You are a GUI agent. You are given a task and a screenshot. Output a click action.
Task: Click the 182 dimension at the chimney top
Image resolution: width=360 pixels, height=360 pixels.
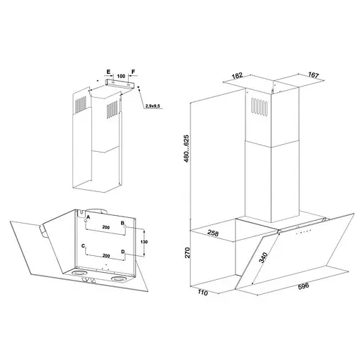tap(237, 76)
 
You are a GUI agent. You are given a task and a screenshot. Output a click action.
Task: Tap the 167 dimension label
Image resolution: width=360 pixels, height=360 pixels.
tap(314, 75)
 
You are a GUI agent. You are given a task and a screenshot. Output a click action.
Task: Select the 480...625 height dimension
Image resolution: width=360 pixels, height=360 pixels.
tap(186, 148)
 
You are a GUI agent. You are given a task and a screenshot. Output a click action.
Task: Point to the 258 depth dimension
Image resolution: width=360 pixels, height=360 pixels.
tap(213, 233)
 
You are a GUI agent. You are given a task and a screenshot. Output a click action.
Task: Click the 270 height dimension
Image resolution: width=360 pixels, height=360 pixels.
tap(187, 252)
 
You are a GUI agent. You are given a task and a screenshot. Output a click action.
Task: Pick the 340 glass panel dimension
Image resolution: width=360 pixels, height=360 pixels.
tap(264, 258)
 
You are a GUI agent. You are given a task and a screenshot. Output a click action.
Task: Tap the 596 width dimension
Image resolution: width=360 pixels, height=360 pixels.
tap(303, 286)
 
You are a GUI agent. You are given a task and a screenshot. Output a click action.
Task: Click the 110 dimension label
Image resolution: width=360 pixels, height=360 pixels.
tap(202, 292)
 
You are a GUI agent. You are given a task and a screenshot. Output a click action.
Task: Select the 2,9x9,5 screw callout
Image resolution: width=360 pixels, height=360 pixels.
tap(153, 106)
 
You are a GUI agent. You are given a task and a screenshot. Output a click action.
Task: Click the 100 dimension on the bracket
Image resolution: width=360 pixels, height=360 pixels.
tap(121, 76)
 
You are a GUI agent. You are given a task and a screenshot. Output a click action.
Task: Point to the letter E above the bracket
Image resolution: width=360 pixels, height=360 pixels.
tap(108, 72)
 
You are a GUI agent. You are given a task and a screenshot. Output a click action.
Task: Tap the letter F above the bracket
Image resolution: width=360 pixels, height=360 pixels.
tap(134, 72)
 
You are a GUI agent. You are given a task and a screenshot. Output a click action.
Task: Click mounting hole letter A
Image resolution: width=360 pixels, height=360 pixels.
tap(88, 217)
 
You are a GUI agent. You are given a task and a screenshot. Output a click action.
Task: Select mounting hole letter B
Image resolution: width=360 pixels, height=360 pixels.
tap(122, 223)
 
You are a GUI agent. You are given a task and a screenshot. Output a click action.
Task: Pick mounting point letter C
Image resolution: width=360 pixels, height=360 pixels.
tap(83, 245)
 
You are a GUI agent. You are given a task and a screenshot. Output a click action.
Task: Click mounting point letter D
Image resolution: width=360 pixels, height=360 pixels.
tap(123, 252)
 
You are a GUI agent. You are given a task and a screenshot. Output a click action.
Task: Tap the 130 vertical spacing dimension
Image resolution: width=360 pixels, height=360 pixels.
tap(145, 242)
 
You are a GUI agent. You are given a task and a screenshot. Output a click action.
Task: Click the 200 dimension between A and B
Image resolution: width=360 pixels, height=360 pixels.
tap(106, 227)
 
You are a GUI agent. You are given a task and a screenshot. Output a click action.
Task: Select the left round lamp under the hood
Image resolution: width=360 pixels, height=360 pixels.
tap(79, 273)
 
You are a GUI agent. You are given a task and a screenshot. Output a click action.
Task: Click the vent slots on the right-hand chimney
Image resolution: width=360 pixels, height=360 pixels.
tap(259, 107)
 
